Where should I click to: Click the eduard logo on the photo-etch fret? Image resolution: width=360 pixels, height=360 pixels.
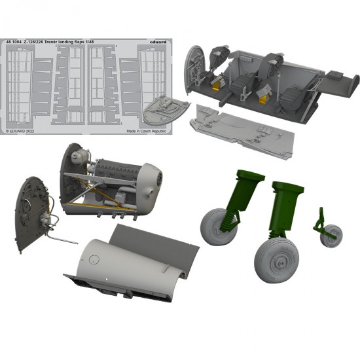coord(158,42)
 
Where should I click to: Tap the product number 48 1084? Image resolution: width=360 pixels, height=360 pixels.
coord(14,42)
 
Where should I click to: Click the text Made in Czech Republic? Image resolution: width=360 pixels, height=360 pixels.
coord(146,131)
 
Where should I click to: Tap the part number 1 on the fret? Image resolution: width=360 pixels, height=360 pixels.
coord(35,117)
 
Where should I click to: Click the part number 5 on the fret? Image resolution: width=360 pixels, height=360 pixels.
coord(121,124)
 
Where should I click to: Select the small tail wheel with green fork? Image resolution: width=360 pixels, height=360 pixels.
coord(329,230)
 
